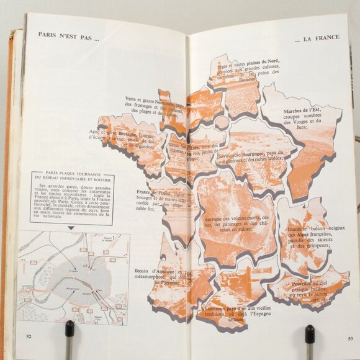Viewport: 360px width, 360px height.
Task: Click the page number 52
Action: [29, 337]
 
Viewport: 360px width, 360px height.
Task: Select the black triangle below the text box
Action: [70, 227]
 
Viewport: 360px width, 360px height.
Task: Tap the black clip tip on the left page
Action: [70, 327]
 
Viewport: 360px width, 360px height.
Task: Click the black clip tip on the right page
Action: [308, 331]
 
